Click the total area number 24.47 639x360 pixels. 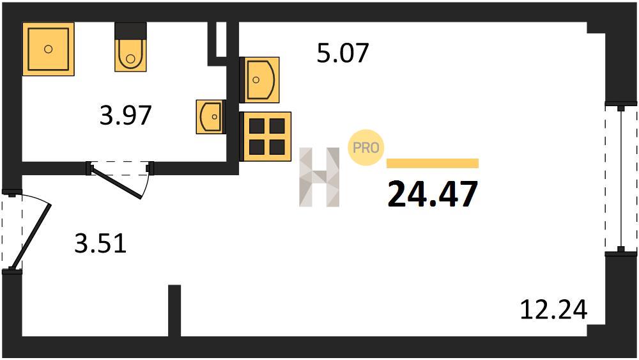(433, 194)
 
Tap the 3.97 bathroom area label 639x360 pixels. (125, 115)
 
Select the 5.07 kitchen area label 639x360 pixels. (343, 52)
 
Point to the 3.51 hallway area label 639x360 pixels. (100, 243)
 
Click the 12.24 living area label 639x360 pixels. (554, 309)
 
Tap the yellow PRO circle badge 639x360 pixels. (366, 148)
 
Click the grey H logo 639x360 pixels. (319, 177)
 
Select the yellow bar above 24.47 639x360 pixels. (433, 163)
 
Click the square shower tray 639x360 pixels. (49, 49)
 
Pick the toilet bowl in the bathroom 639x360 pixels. (130, 55)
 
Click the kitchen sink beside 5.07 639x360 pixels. (259, 80)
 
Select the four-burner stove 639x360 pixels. (266, 137)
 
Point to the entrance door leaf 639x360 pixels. (31, 237)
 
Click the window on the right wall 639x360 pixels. (620, 178)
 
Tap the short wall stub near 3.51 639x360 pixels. (174, 311)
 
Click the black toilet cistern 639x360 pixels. (130, 31)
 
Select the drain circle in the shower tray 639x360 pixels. (48, 49)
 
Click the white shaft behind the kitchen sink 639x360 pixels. (221, 39)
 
